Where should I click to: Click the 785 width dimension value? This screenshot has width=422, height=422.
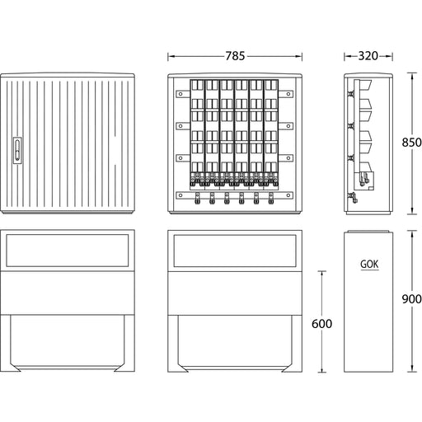click(x=235, y=56)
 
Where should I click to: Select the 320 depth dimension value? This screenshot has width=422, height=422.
click(x=368, y=56)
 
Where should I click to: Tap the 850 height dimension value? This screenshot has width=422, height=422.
click(x=411, y=143)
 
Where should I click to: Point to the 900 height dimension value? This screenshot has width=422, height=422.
click(x=411, y=299)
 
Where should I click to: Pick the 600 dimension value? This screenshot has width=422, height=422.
click(x=321, y=324)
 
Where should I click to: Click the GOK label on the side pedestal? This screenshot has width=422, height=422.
click(x=369, y=265)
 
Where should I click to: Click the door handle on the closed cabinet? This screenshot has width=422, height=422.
click(x=17, y=150)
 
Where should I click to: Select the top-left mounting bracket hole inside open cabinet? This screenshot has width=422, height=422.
click(x=181, y=94)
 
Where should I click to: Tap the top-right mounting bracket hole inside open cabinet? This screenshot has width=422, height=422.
click(x=288, y=94)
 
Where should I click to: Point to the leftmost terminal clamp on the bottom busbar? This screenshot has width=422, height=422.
click(x=197, y=199)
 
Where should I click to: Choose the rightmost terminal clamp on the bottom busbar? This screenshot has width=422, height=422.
click(x=271, y=199)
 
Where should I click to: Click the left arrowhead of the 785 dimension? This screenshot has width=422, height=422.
click(x=171, y=56)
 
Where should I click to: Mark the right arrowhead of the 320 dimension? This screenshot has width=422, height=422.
click(x=389, y=56)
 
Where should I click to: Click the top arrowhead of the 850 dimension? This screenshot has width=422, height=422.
click(x=411, y=76)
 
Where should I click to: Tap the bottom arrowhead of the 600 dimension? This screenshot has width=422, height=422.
click(x=322, y=369)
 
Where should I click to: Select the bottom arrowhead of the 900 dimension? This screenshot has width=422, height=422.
click(x=411, y=369)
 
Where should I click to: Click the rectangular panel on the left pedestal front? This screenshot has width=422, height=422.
click(x=68, y=251)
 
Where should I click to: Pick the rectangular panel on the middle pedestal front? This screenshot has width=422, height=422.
click(x=235, y=251)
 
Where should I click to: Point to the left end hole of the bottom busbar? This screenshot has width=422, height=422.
click(x=181, y=195)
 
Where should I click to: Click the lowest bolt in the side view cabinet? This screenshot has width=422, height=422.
click(x=353, y=197)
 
